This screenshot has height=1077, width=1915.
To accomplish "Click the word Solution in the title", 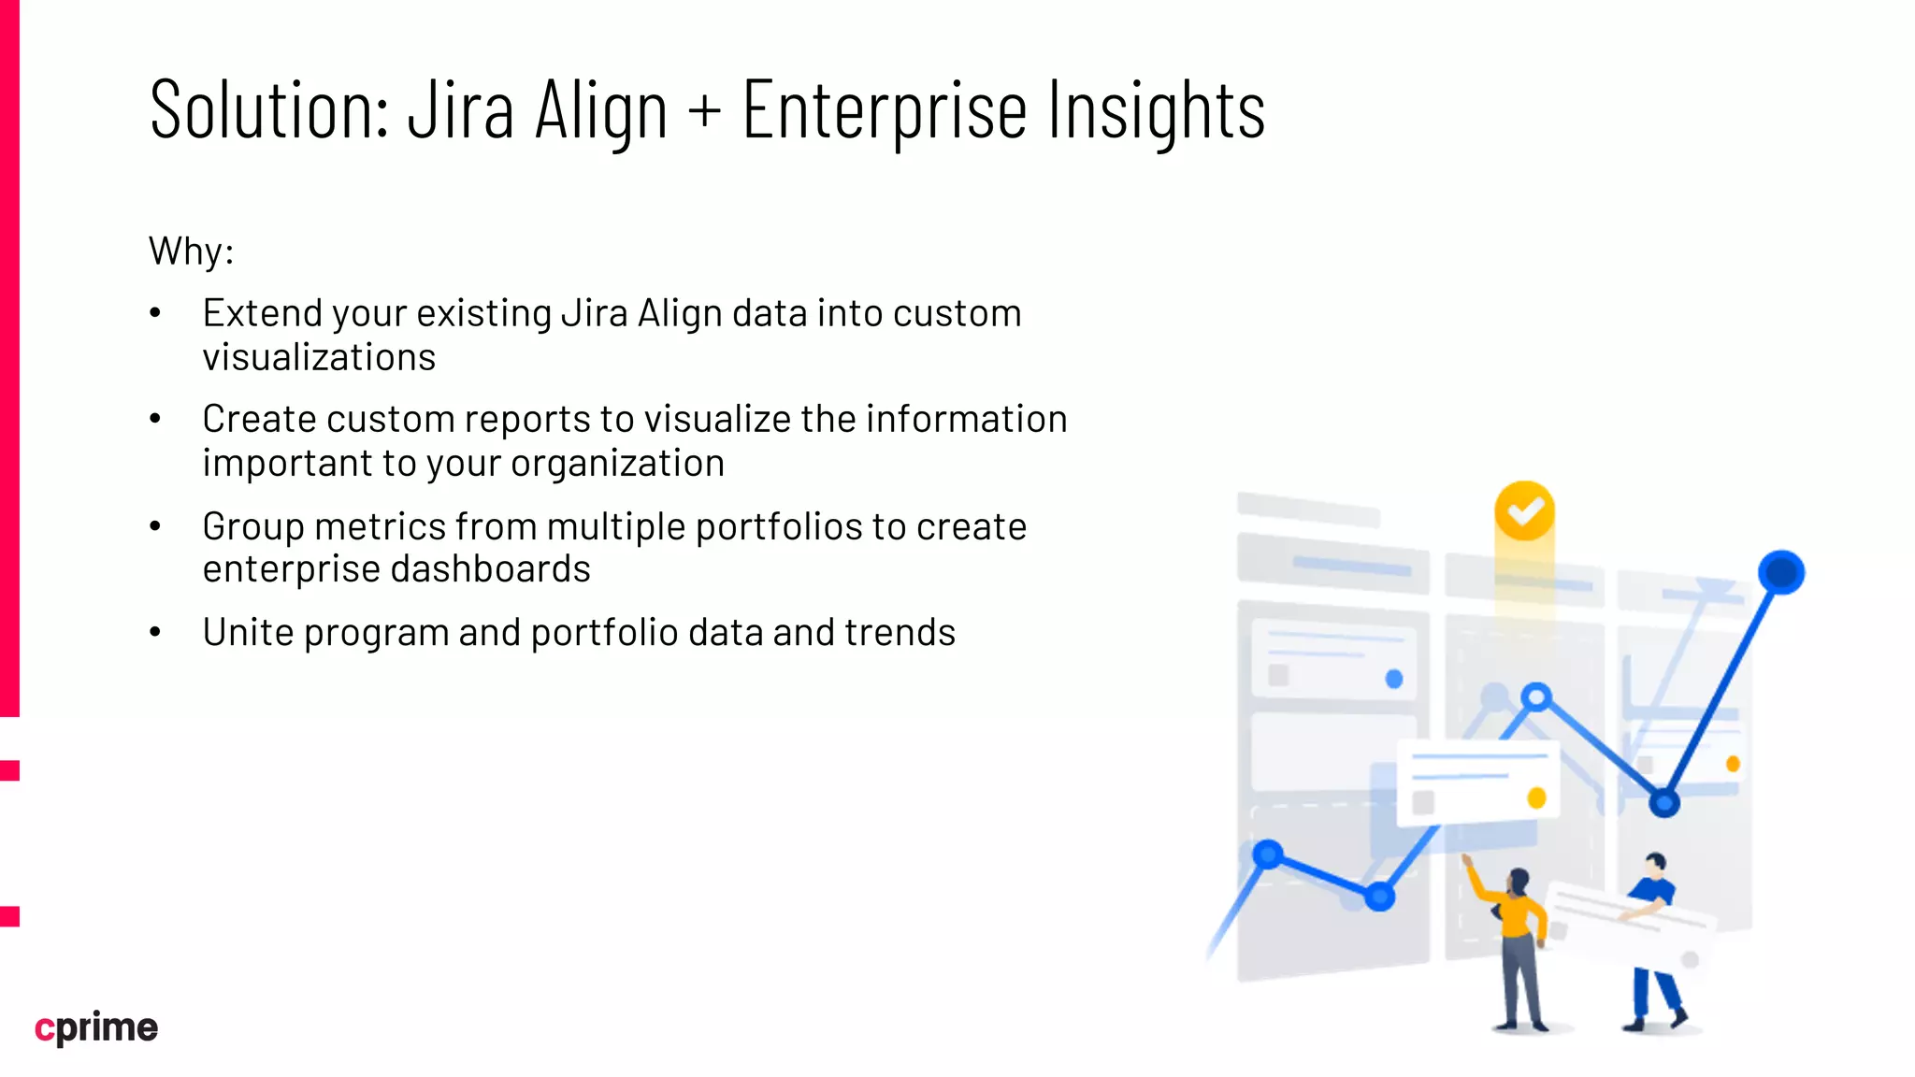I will click(268, 110).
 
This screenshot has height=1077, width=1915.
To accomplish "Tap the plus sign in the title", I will click(705, 110).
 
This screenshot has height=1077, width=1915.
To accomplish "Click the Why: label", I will click(191, 251).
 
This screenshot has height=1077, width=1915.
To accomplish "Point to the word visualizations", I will click(319, 357).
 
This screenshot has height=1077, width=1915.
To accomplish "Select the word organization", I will click(617, 463).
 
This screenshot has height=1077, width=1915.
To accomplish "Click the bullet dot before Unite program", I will click(155, 633).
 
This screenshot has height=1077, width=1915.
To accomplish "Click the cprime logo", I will click(96, 1027).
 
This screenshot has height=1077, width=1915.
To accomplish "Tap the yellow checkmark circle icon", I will click(1524, 511).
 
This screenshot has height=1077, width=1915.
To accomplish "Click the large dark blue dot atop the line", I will click(1780, 572).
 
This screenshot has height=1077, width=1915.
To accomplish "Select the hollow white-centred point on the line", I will click(1535, 697).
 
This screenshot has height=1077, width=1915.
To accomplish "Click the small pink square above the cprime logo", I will click(9, 916).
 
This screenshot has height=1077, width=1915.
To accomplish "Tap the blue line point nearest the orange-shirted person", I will click(1379, 897).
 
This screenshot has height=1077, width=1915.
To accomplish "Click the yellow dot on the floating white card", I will click(1535, 797).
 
